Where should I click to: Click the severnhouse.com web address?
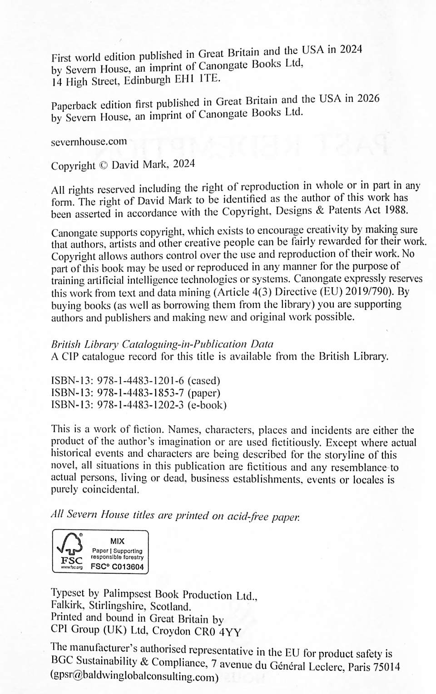[x=89, y=142]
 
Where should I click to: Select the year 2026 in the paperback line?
[x=368, y=99]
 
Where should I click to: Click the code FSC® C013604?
[x=117, y=566]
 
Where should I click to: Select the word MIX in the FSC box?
[x=117, y=541]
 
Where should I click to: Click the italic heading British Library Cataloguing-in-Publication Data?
[x=162, y=344]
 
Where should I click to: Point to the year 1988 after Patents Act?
[x=396, y=210]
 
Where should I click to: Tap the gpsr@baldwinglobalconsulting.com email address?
[x=135, y=676]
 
